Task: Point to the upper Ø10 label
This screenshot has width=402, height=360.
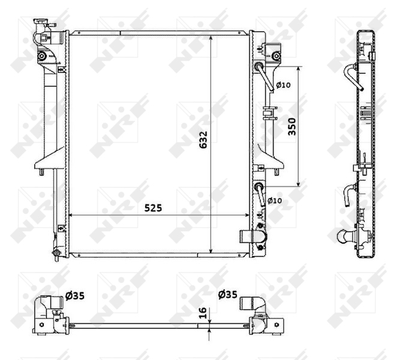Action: coord(283,85)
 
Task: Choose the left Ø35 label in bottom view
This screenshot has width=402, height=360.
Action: coord(75,295)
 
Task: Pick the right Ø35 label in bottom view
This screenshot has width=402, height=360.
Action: coord(228,295)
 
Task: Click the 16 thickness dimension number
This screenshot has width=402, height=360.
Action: coord(203,313)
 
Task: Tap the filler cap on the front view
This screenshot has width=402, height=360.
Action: coord(40,26)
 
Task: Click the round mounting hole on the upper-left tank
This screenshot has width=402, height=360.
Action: coord(41,57)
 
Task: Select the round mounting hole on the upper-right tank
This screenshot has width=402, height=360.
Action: coord(275,56)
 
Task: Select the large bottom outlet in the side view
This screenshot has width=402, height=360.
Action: coord(346,238)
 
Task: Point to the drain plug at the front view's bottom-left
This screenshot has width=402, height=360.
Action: coord(56,251)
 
